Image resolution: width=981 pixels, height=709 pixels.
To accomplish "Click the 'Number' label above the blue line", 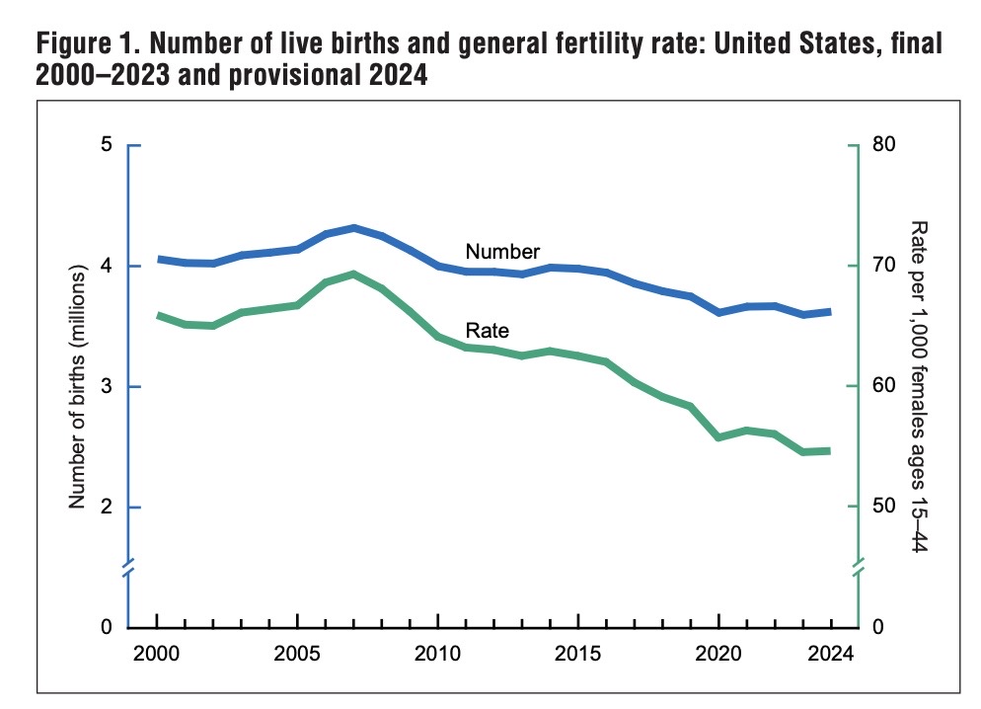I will point(502,251).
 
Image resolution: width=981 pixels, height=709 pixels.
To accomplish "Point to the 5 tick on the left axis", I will point(107,146).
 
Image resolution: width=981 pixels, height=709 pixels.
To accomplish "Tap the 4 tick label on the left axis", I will point(107,267).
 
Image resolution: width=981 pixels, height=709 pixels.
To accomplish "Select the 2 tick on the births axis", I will point(107,508).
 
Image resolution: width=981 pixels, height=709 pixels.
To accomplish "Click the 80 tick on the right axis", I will point(881,146).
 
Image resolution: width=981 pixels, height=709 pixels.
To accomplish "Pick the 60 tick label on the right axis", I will point(881,387).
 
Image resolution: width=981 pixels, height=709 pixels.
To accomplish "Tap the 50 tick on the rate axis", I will point(881,508).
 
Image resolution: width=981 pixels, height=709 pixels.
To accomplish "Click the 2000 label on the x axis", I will point(157,654).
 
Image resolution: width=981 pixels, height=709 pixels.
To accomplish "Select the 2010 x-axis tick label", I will point(437,654).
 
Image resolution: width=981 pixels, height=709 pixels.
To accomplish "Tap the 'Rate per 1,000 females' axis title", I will point(916,385).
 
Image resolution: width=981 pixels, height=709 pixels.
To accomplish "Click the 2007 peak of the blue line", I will point(353,228).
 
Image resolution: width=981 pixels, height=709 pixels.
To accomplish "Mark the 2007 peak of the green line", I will point(353,274).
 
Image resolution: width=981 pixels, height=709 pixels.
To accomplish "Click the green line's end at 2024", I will point(829,450).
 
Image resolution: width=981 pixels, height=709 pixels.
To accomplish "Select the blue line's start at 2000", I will point(158,259).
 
